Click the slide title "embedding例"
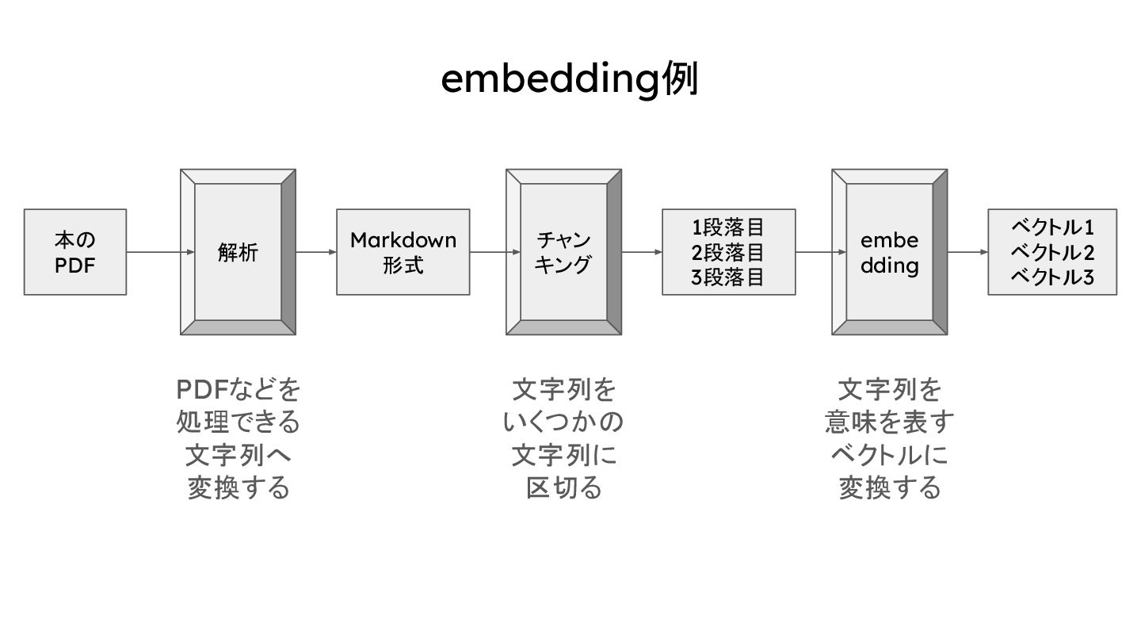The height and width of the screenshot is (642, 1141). point(569,80)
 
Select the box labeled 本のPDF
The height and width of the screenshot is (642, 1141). point(75,252)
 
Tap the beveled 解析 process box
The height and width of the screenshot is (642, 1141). point(238,252)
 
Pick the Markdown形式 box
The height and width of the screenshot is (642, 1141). point(403,252)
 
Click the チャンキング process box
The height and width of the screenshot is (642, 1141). point(563,252)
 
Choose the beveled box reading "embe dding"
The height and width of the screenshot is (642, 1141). point(889,252)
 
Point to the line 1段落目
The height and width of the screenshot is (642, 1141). point(728,228)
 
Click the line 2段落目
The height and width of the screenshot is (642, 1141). point(728,253)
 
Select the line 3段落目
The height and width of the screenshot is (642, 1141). point(728,277)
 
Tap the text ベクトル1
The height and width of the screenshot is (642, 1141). point(1052,227)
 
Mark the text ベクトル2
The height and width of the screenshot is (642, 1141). point(1052,253)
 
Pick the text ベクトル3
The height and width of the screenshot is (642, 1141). point(1052,277)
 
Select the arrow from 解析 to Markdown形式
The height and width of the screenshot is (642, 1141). point(316,252)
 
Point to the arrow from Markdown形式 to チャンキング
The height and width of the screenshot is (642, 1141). point(488,252)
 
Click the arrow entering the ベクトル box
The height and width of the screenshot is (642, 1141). point(967,252)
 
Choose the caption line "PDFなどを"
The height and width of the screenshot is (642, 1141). point(239,390)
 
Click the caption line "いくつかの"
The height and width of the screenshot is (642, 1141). point(563,422)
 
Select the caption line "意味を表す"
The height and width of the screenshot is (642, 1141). point(889,422)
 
